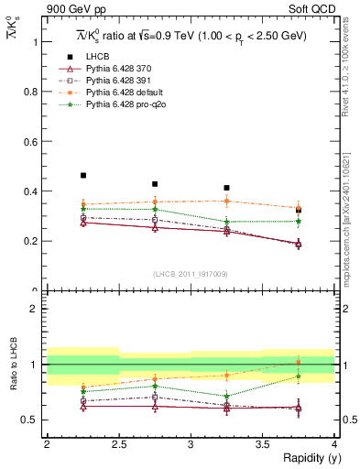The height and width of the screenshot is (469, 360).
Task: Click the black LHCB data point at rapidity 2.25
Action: [83, 175]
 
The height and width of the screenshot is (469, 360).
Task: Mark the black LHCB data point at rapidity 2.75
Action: [155, 184]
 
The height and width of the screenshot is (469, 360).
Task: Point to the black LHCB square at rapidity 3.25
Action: [226, 188]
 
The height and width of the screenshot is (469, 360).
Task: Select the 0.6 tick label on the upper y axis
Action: [34, 142]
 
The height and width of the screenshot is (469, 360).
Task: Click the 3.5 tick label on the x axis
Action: [263, 444]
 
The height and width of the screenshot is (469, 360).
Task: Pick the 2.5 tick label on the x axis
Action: [119, 444]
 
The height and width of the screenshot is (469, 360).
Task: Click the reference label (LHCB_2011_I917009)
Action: [191, 274]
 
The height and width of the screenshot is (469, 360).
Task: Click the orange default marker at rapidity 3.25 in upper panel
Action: [226, 201]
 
